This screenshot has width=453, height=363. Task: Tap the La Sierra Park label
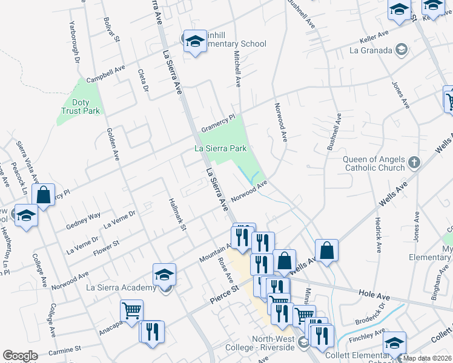pyautogui.click(x=222, y=148)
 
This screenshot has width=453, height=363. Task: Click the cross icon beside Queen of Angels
pyautogui.click(x=414, y=162)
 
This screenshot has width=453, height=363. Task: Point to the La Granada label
pyautogui.click(x=371, y=50)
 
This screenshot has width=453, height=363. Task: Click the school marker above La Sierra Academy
pyautogui.click(x=164, y=275)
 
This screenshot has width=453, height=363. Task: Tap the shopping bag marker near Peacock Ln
pyautogui.click(x=44, y=195)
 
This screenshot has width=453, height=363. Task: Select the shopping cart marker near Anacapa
pyautogui.click(x=131, y=311)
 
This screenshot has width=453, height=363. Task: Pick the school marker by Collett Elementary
pyautogui.click(x=394, y=343)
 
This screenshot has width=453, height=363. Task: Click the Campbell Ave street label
pyautogui.click(x=105, y=76)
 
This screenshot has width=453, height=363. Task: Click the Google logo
pyautogui.click(x=20, y=356)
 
